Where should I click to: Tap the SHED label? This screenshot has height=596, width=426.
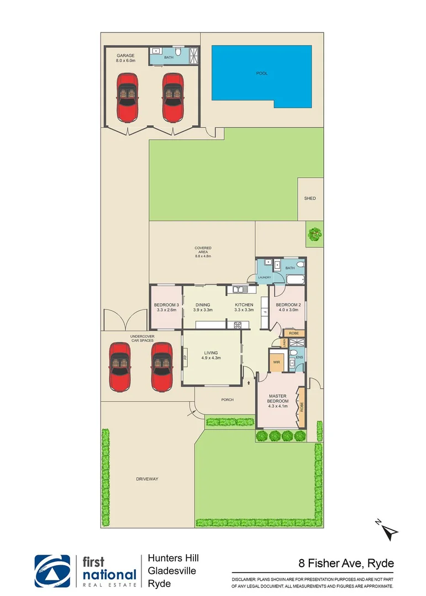pyautogui.click(x=310, y=199)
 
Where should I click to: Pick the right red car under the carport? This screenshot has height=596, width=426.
pyautogui.click(x=162, y=366)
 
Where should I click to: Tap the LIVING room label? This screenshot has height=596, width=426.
pyautogui.click(x=211, y=355)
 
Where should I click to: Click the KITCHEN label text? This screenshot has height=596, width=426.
pyautogui.click(x=244, y=307)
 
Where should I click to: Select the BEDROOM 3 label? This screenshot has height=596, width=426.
pyautogui.click(x=166, y=307)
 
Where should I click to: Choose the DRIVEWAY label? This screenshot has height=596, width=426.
pyautogui.click(x=147, y=479)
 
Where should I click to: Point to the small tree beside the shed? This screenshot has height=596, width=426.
pyautogui.click(x=314, y=234)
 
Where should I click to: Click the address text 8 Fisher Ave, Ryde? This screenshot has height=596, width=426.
pyautogui.click(x=345, y=563)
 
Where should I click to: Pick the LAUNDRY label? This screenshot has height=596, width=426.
pyautogui.click(x=264, y=277)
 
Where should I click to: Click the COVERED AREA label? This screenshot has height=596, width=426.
pyautogui.click(x=203, y=252)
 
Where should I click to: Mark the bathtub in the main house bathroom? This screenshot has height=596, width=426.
pyautogui.click(x=292, y=279)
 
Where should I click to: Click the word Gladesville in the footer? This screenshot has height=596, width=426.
pyautogui.click(x=172, y=571)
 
